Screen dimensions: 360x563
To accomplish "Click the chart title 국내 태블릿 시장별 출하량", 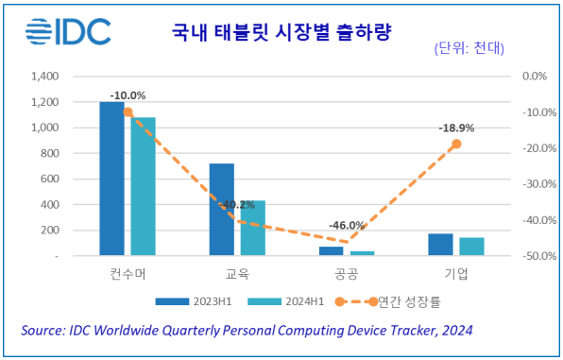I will point(282,33).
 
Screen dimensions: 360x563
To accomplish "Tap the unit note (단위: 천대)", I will point(471,48).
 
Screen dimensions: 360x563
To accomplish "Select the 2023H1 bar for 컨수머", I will point(112,178).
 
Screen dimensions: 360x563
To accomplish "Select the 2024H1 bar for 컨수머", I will point(144,186).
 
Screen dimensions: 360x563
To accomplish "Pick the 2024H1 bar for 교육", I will point(252,228).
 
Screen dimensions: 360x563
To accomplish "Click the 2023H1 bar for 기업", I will point(440,244).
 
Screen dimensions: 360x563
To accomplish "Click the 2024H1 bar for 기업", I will point(471,246).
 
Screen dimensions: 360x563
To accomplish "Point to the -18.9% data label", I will point(456,128).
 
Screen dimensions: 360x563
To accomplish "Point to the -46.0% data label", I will point(347,225).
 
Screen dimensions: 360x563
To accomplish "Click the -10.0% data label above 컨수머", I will point(128,95).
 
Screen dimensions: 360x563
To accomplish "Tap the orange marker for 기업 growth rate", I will point(456,144).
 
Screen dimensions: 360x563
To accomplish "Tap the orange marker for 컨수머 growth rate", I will point(128,111).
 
